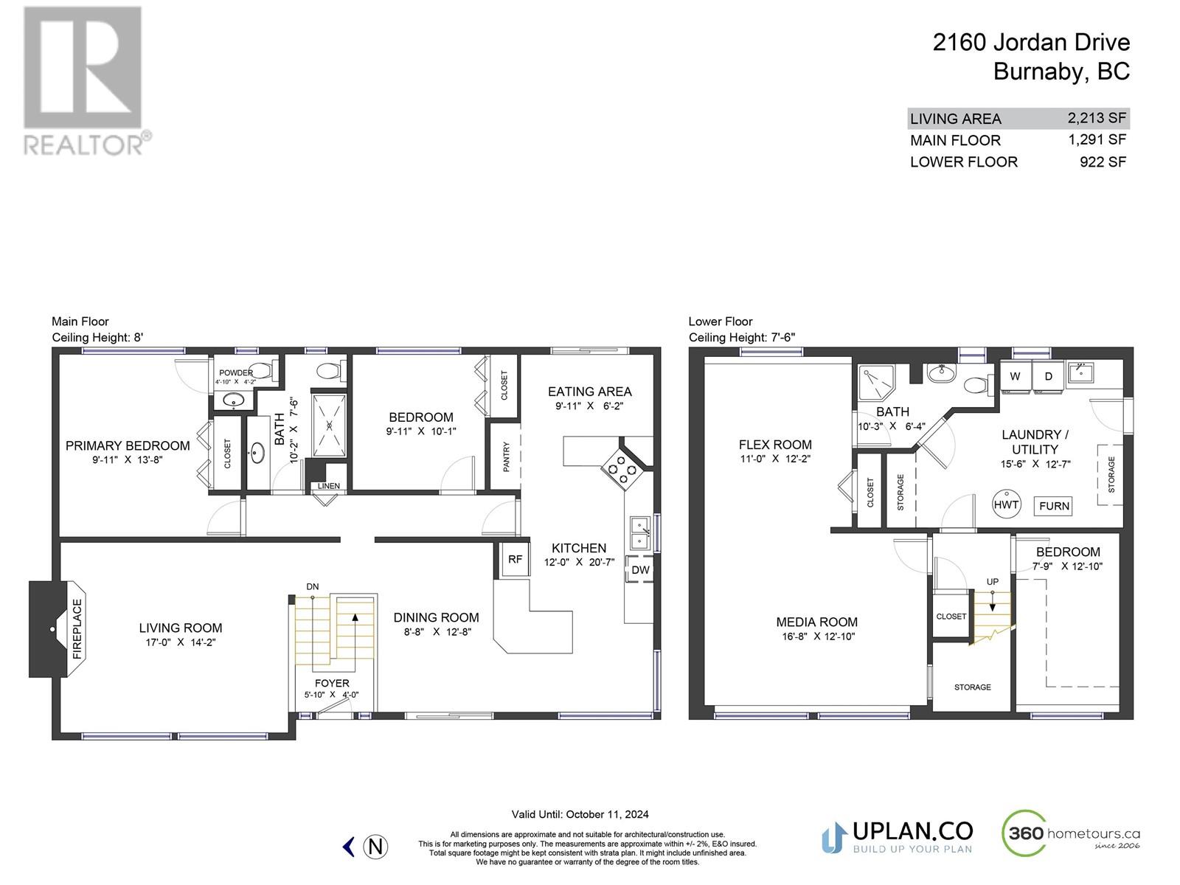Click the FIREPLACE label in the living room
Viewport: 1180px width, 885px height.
[77, 629]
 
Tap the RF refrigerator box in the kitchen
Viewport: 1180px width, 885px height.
[515, 560]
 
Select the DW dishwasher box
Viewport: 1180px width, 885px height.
[640, 570]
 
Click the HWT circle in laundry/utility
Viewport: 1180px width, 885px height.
[1006, 505]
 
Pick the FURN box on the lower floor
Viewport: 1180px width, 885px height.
[1054, 506]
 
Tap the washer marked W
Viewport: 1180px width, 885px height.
[1015, 377]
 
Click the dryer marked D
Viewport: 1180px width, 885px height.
[1049, 377]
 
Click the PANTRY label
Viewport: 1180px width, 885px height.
[506, 457]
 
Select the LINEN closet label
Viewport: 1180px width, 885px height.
[328, 486]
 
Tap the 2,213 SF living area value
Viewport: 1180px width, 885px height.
[1096, 118]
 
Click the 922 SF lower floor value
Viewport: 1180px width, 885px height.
[1103, 162]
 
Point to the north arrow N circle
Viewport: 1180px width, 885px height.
[376, 847]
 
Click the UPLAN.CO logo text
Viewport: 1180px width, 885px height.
[912, 831]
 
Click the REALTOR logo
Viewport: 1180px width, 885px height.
[83, 81]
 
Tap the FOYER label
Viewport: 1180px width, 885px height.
[331, 683]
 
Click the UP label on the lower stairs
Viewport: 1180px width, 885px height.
[993, 582]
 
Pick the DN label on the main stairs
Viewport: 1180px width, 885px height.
[313, 587]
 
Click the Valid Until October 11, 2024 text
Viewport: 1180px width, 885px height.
[580, 815]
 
